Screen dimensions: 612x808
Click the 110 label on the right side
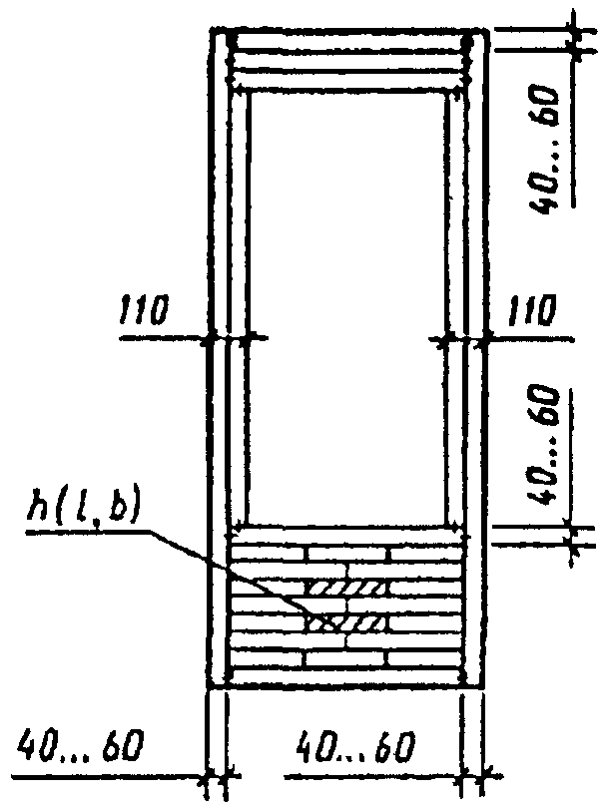pos(529,313)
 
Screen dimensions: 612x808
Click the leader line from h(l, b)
pos(230,569)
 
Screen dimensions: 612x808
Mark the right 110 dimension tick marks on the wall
pos(461,339)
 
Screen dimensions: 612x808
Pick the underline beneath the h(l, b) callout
pos(90,531)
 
